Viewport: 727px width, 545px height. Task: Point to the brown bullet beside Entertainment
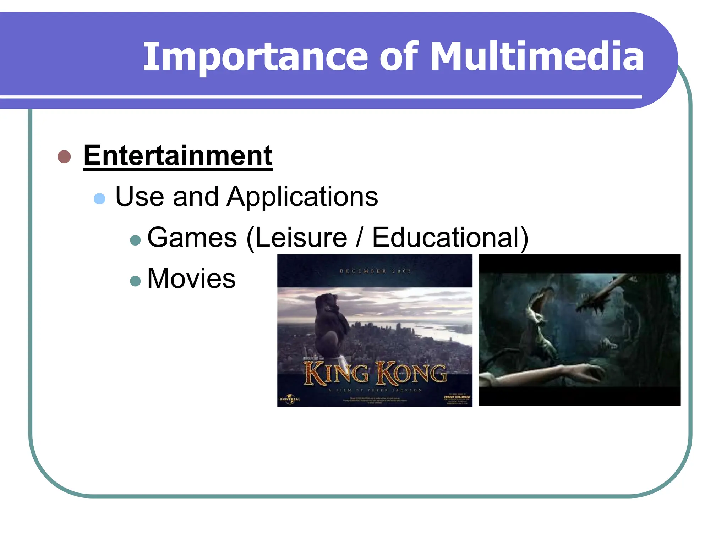click(64, 156)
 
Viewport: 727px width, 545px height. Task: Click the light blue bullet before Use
click(99, 198)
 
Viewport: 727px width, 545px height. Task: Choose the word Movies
click(191, 278)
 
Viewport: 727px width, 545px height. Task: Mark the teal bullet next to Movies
click(135, 281)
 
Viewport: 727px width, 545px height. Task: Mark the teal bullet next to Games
click(135, 240)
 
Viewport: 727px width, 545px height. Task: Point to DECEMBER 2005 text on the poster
click(375, 271)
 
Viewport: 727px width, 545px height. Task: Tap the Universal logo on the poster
click(290, 398)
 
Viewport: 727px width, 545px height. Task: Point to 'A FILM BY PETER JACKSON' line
click(375, 390)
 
